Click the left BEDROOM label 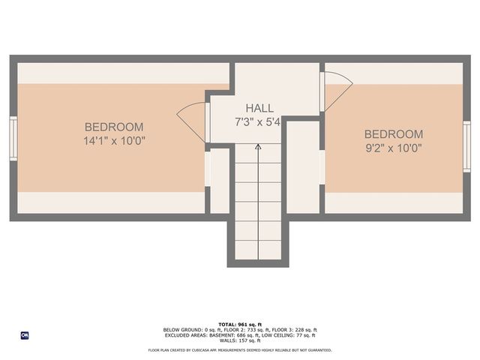pyautogui.click(x=113, y=127)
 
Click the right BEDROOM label pyautogui.click(x=393, y=134)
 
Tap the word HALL pyautogui.click(x=259, y=109)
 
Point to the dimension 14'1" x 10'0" pyautogui.click(x=114, y=140)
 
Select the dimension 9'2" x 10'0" pyautogui.click(x=393, y=147)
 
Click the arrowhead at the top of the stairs pyautogui.click(x=258, y=148)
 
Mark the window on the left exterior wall pyautogui.click(x=13, y=138)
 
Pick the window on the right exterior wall pyautogui.click(x=466, y=146)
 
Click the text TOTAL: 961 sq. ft pyautogui.click(x=240, y=324)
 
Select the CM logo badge pyautogui.click(x=24, y=335)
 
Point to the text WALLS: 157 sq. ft pyautogui.click(x=240, y=340)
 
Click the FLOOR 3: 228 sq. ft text pyautogui.click(x=295, y=330)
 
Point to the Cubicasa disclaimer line pyautogui.click(x=240, y=349)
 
